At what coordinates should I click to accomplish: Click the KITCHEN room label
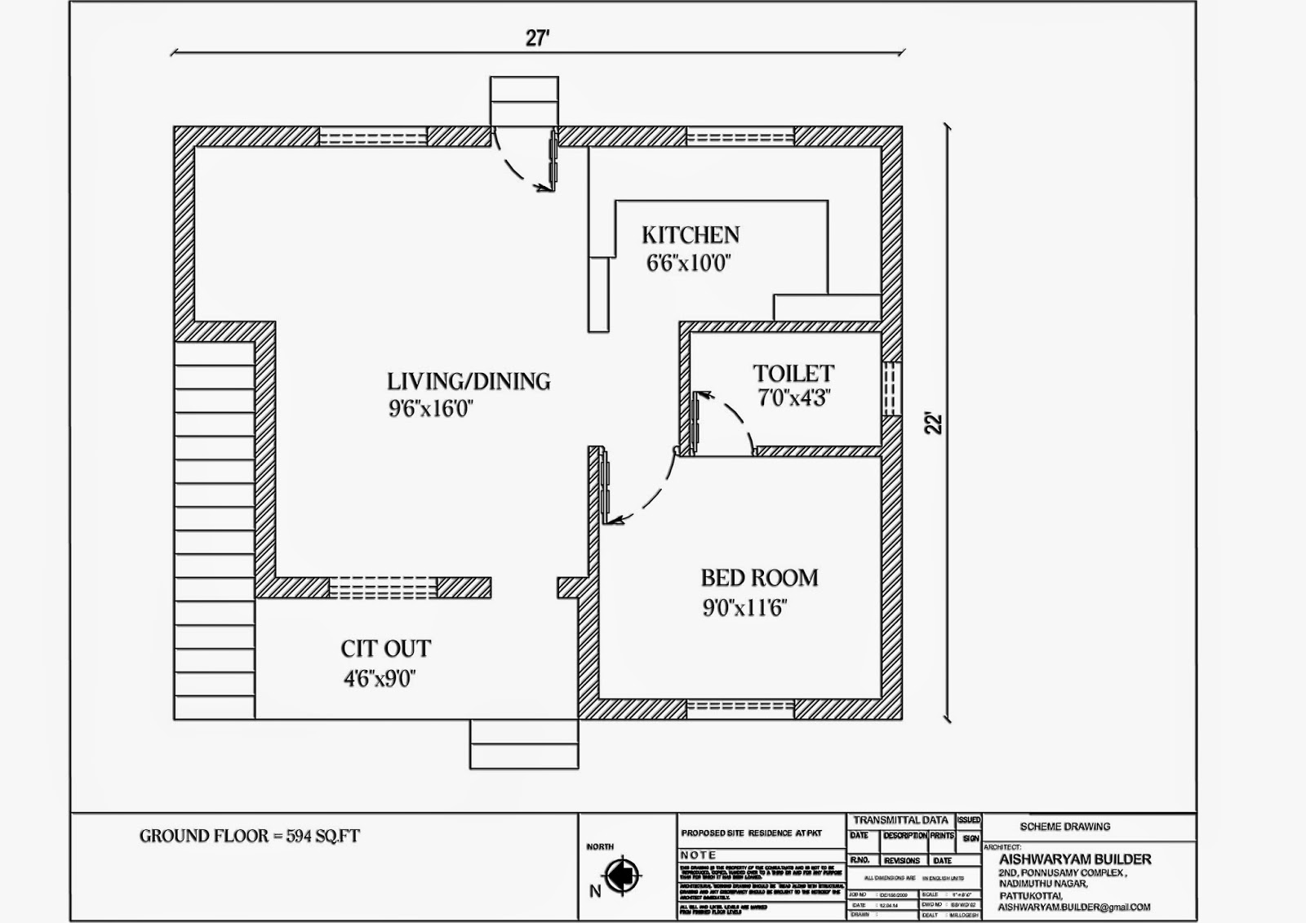pos(691,235)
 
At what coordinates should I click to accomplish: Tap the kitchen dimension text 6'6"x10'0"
pos(688,264)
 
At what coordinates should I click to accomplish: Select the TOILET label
pos(793,374)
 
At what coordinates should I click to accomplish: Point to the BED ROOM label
pos(759,578)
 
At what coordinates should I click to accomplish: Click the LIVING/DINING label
pos(469,381)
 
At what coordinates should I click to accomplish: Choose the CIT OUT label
pos(385,649)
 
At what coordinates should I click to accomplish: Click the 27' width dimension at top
pos(537,39)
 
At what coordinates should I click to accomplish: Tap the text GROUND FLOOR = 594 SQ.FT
pos(249,836)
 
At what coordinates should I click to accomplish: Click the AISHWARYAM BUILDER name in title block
pos(1075,859)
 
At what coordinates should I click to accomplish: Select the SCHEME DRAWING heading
pos(1064,827)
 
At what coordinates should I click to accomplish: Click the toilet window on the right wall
pos(892,388)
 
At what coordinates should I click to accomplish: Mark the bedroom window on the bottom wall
pos(740,708)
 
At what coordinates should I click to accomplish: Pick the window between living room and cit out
pos(383,588)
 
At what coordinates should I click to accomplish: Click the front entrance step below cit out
pos(523,744)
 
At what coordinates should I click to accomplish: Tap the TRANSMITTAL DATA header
pos(900,820)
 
